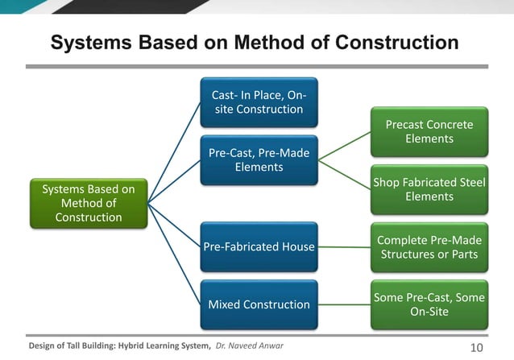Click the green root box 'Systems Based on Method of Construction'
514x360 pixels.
pyautogui.click(x=89, y=203)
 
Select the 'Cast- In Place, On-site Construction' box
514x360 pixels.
pyautogui.click(x=258, y=102)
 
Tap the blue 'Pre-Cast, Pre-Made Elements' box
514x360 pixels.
pyautogui.click(x=258, y=160)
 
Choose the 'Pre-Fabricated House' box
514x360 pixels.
pyautogui.click(x=258, y=246)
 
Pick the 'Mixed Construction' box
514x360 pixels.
pyautogui.click(x=258, y=304)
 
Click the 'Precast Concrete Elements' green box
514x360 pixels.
pyautogui.click(x=429, y=131)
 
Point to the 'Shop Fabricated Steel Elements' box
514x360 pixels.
pyautogui.click(x=429, y=189)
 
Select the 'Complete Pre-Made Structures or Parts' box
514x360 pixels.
pyautogui.click(x=429, y=247)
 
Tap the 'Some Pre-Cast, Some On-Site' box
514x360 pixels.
pyautogui.click(x=429, y=304)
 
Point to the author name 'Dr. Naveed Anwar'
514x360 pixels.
pyautogui.click(x=251, y=346)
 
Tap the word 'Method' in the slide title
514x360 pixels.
pyautogui.click(x=259, y=42)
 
